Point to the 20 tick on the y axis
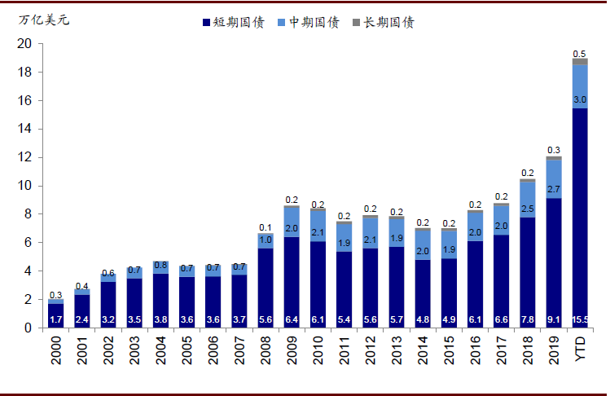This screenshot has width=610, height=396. click(24, 44)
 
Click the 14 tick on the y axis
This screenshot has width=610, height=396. click(24, 130)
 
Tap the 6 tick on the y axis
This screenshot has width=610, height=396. click(28, 243)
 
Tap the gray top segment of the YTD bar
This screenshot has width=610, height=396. click(580, 61)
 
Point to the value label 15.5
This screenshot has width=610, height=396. click(580, 320)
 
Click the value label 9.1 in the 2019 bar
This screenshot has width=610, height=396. click(554, 320)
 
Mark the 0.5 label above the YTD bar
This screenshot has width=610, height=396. click(580, 54)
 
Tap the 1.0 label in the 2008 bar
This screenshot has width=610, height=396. click(266, 240)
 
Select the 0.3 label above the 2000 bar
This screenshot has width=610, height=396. click(56, 295)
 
